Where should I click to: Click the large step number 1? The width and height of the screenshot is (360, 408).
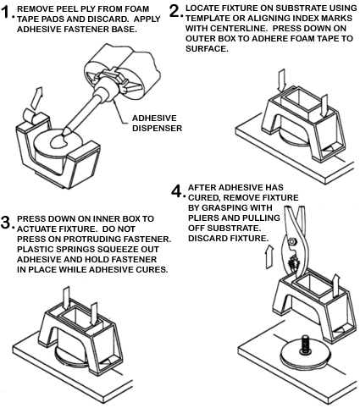pyautogui.click(x=6, y=12)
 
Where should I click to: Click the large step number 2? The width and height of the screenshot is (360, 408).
pyautogui.click(x=175, y=11)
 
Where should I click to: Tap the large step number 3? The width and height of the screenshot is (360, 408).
pyautogui.click(x=7, y=222)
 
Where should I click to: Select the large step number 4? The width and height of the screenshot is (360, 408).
pyautogui.click(x=178, y=191)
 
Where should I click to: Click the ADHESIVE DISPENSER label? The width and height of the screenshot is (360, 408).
pyautogui.click(x=158, y=123)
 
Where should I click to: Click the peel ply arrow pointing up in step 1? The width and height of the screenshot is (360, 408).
pyautogui.click(x=36, y=98)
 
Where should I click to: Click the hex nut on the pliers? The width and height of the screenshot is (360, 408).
pyautogui.click(x=291, y=242)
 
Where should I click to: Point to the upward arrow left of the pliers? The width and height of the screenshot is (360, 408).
pyautogui.click(x=270, y=256)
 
